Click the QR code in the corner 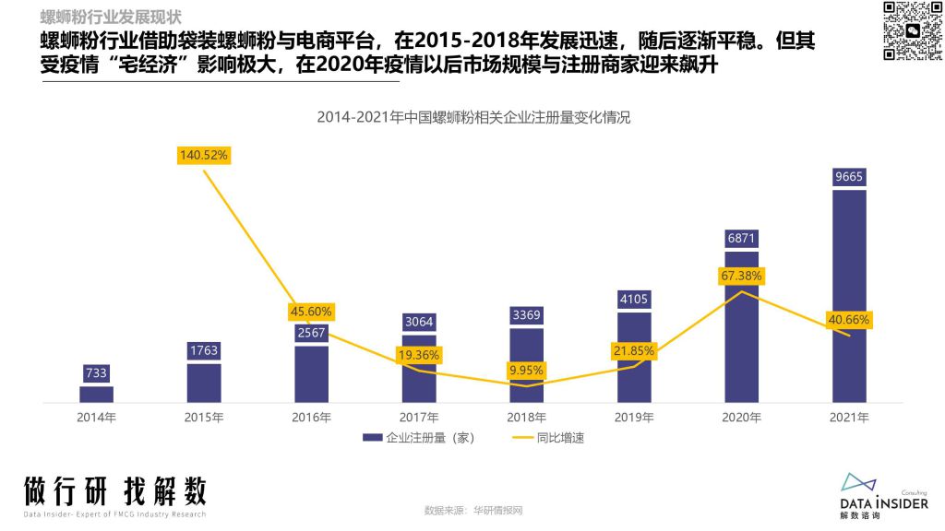pos(910,30)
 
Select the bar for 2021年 pos(849,295)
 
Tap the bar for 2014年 pos(96,394)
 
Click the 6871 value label pos(742,238)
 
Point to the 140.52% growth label pos(203,156)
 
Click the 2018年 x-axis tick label pos(527,418)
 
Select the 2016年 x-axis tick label pos(311,418)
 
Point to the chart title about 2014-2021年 pos(473,117)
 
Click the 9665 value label pos(849,176)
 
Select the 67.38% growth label pos(742,276)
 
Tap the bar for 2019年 pos(634,358)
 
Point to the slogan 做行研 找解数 pos(115,490)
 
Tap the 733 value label pos(96,373)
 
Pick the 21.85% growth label pos(634,351)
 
